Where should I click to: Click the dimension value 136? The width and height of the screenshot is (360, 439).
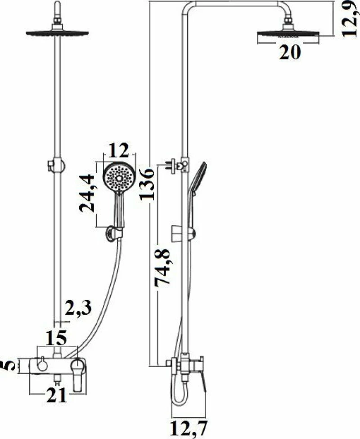(x=147, y=184)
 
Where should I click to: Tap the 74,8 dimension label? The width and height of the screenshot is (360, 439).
(x=162, y=267)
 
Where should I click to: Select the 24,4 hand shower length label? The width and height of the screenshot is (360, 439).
(x=86, y=193)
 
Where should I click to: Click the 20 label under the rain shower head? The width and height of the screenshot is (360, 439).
(x=290, y=52)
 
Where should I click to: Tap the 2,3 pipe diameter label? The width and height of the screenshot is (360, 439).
(x=78, y=308)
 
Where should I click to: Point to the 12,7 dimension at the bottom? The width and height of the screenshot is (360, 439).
(x=188, y=428)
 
